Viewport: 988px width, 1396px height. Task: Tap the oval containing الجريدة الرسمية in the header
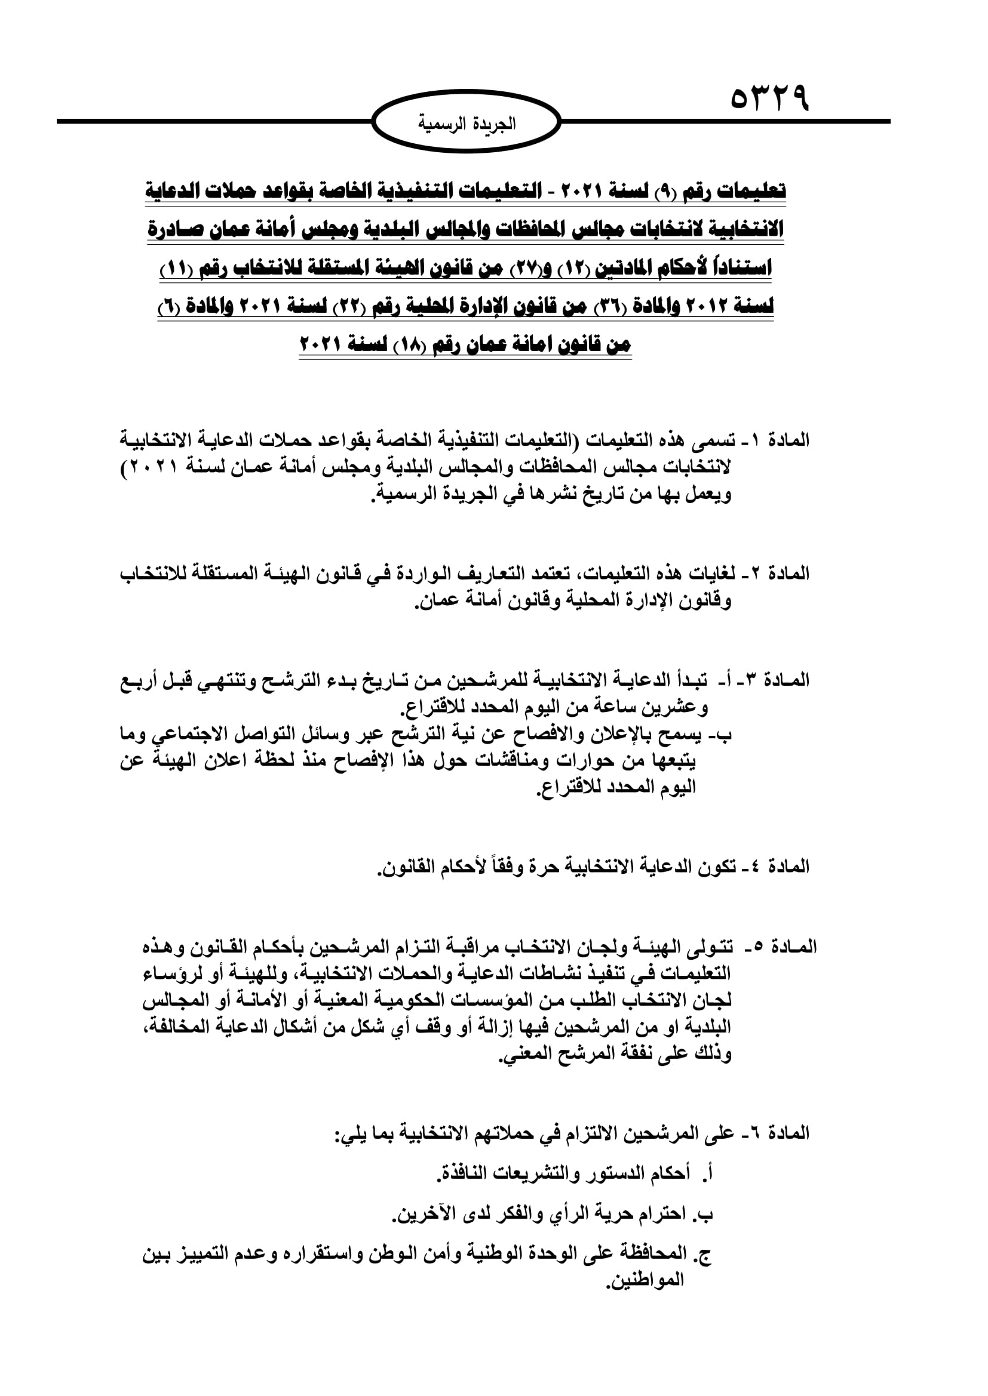click(466, 122)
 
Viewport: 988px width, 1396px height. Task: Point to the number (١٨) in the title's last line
click(404, 346)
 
